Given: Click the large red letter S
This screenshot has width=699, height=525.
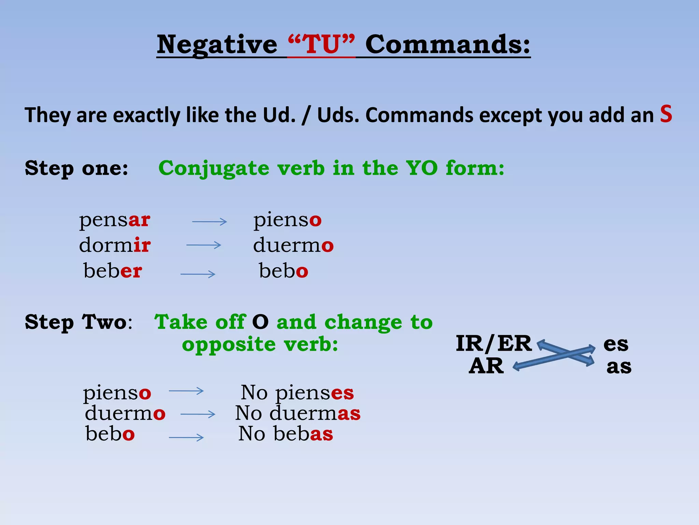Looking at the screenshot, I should (666, 114).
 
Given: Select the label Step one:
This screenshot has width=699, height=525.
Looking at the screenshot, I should (77, 168).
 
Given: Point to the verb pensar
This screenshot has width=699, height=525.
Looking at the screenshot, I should (115, 220).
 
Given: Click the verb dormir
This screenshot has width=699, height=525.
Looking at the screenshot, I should (115, 245).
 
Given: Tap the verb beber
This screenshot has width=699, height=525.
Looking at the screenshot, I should (113, 271).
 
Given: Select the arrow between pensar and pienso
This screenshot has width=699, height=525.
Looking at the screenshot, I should (210, 222).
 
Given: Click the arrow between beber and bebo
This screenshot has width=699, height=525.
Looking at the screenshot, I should (198, 274).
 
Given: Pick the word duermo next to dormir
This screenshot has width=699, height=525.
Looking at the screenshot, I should (293, 245).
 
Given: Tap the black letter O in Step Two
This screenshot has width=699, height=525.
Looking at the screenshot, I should (260, 322).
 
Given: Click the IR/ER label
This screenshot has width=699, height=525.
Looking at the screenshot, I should (494, 344).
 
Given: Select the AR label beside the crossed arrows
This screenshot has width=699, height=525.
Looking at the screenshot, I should (486, 366).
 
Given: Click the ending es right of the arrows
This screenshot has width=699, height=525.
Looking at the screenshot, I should (616, 344).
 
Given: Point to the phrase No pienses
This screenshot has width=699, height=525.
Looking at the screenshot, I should (297, 392).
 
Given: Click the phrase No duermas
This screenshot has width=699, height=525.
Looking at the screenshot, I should (298, 413).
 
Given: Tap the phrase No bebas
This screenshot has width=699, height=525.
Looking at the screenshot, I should (285, 434).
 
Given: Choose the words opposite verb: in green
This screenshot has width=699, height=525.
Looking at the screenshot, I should (260, 344).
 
